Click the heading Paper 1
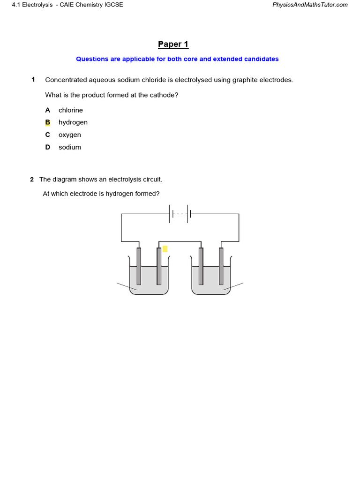173,45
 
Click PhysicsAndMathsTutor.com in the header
310,5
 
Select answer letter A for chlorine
47,110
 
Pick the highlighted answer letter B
47,122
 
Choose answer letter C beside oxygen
47,135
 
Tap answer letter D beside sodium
47,147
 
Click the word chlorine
70,110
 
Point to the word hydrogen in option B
73,122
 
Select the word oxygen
69,135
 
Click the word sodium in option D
69,147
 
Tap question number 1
33,80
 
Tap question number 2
32,180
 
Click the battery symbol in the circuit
180,214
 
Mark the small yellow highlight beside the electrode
165,249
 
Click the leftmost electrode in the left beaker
139,266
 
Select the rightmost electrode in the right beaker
221,266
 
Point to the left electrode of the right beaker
201,266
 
